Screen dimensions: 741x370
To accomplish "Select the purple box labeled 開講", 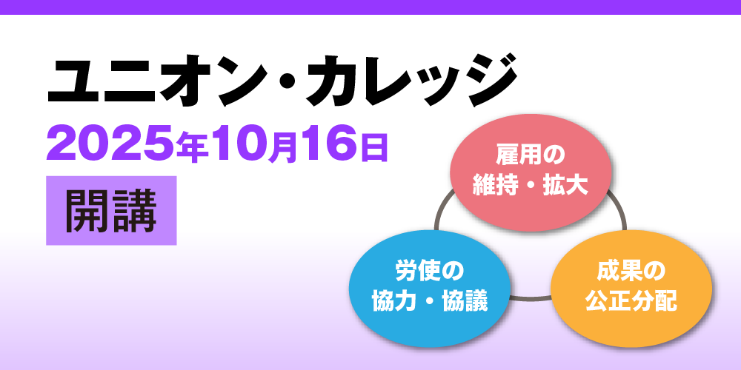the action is coord(111,210).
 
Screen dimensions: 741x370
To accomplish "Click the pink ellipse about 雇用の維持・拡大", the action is coord(531,172).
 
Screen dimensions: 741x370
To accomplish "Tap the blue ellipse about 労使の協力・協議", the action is coord(430,289).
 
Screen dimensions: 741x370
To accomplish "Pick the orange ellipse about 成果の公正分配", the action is coord(631,289).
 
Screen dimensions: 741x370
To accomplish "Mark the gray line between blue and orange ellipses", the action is coord(531,297).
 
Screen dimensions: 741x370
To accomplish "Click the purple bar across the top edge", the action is coord(370,7).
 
